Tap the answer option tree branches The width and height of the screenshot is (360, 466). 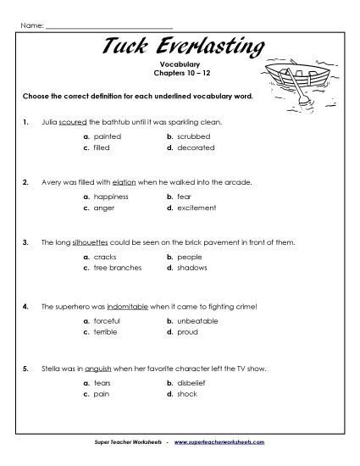click(115, 267)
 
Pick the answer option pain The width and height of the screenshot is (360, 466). click(102, 393)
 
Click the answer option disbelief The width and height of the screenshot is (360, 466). click(191, 382)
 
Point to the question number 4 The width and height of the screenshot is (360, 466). click(26, 303)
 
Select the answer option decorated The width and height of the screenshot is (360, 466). click(193, 147)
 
